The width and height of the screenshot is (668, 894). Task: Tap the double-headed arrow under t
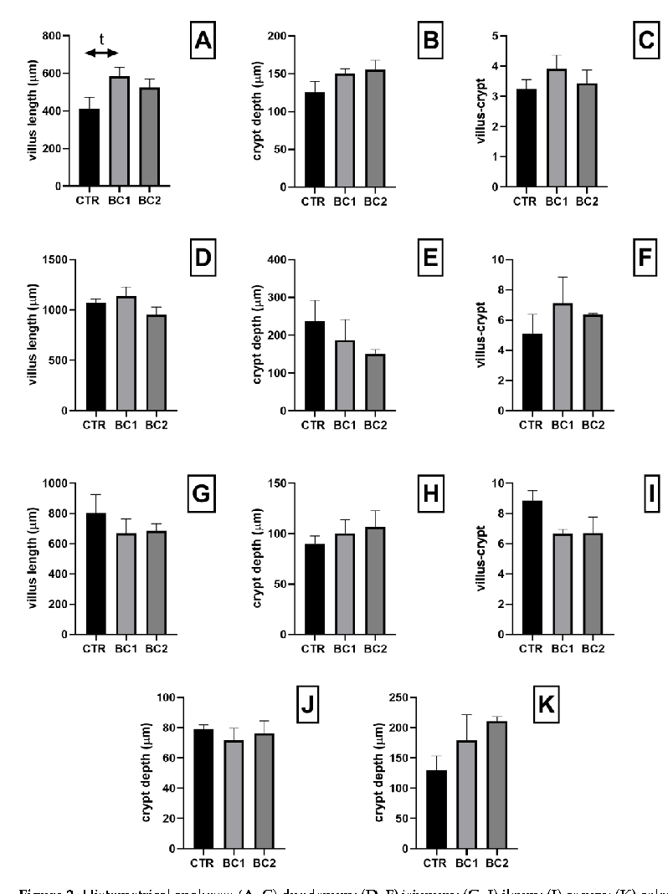point(102,54)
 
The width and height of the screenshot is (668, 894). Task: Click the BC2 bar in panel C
point(586,135)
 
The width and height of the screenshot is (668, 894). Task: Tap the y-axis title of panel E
point(258,335)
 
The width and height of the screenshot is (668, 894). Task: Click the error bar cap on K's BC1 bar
point(468,714)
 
